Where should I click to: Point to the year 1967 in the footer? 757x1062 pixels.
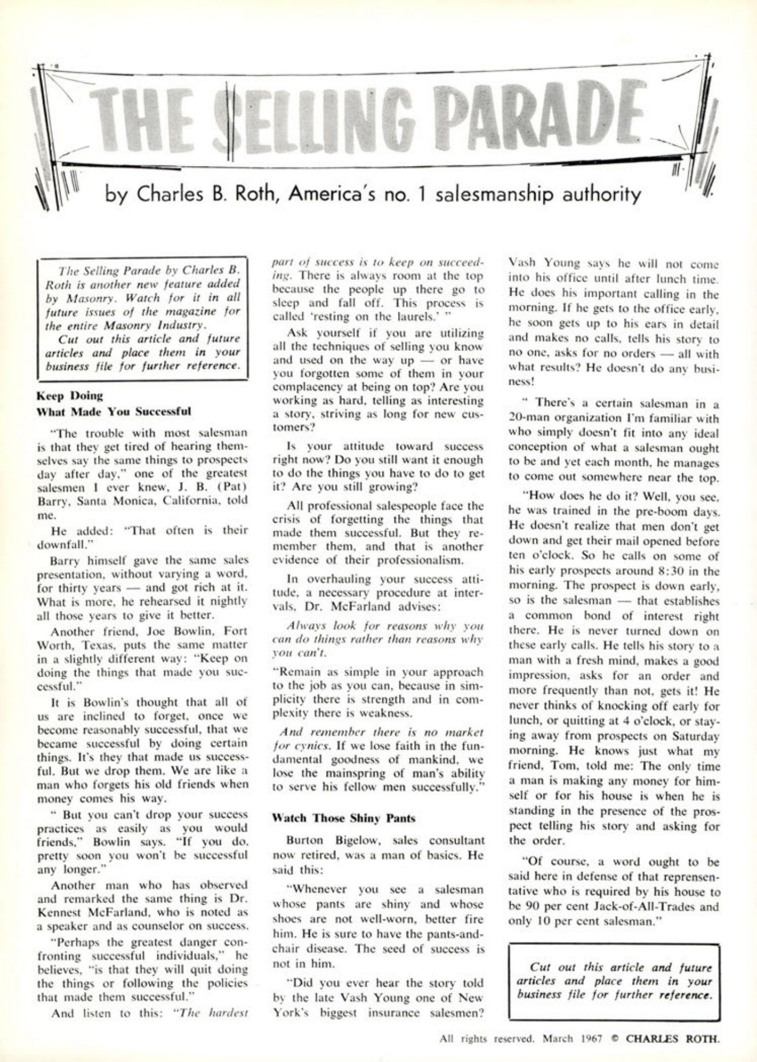click(x=590, y=1039)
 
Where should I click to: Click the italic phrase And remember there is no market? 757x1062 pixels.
click(x=381, y=732)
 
